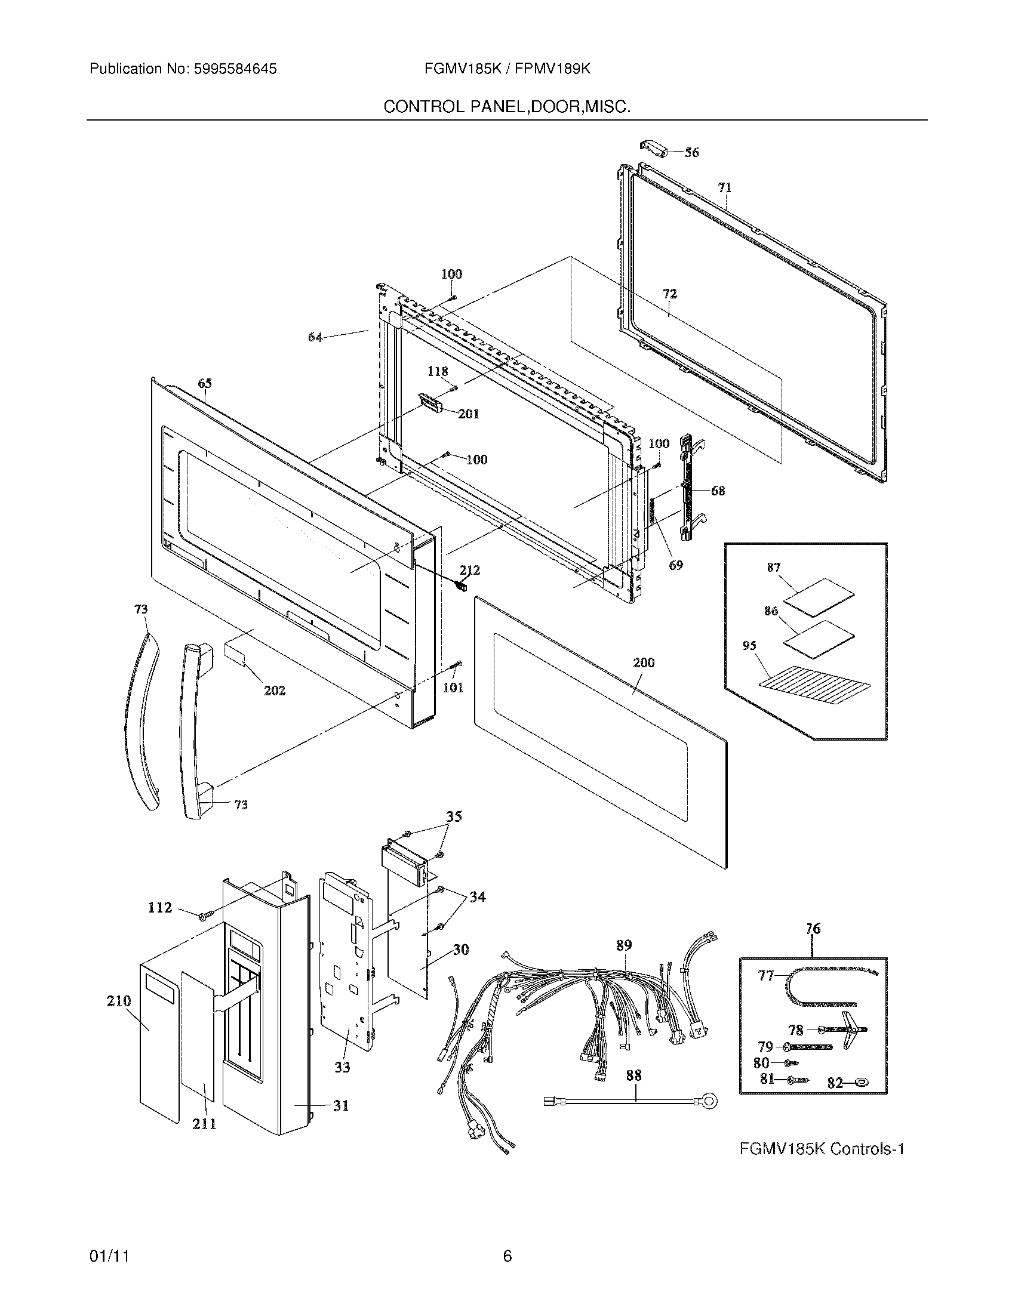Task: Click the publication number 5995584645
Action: coord(235,69)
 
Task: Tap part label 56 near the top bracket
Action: coord(692,153)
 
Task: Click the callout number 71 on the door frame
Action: coord(725,187)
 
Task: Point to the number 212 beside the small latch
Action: coord(470,570)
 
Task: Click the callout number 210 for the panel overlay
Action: coord(118,1001)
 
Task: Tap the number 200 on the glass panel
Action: coord(644,662)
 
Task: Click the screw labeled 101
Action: coord(457,665)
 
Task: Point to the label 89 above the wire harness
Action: coord(623,945)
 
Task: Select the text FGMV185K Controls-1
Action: coord(822,1149)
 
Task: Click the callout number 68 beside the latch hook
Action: coord(718,491)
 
